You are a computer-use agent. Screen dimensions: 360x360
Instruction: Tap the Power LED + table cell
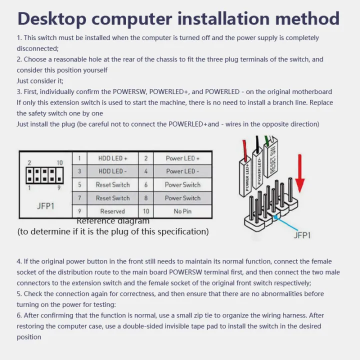(182, 158)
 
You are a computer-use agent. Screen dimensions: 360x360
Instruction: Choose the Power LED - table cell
(182, 171)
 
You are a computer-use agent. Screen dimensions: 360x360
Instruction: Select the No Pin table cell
(182, 211)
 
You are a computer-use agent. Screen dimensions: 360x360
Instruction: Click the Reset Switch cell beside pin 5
(112, 184)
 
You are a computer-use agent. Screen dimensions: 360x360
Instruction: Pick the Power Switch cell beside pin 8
(182, 198)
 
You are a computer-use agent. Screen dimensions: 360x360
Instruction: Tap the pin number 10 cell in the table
(146, 211)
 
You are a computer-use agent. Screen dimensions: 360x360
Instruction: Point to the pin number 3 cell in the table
(79, 171)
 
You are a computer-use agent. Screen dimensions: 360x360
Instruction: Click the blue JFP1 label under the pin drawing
(301, 234)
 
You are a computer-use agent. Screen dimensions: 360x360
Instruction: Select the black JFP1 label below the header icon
(45, 206)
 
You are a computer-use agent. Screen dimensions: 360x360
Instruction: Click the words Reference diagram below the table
(113, 221)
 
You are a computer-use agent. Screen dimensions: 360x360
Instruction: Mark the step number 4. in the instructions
(19, 261)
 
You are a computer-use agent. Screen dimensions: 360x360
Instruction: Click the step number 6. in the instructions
(19, 315)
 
